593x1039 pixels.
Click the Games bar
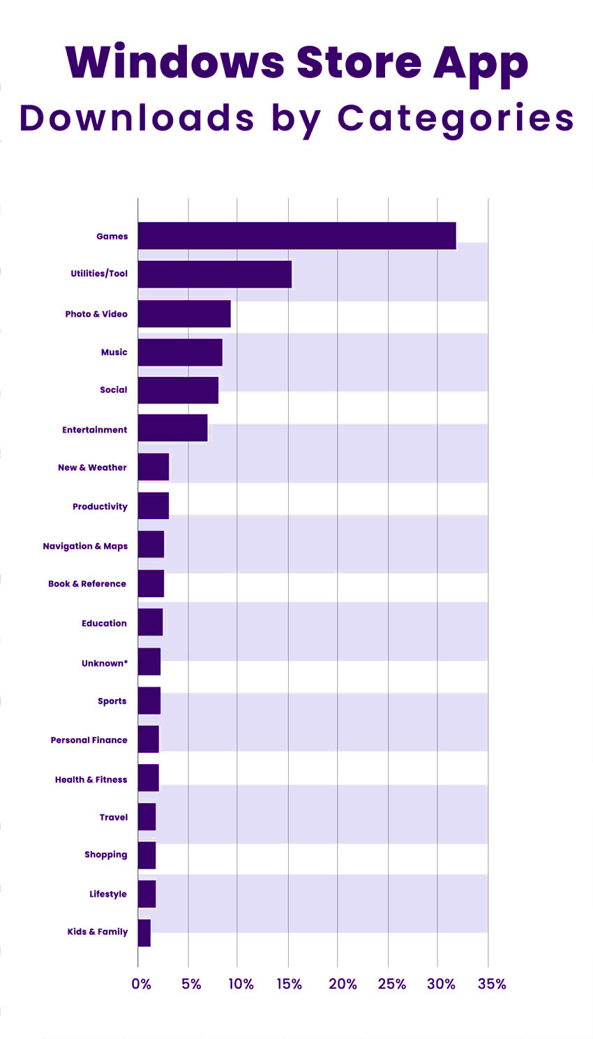pyautogui.click(x=296, y=236)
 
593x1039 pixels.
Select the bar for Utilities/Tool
pyautogui.click(x=214, y=274)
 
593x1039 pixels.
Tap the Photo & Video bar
pyautogui.click(x=184, y=314)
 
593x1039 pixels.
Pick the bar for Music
pyautogui.click(x=180, y=352)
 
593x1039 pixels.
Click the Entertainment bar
pyautogui.click(x=172, y=428)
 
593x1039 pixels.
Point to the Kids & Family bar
pyautogui.click(x=144, y=933)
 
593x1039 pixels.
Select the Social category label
pyautogui.click(x=113, y=390)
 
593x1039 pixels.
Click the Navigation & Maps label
pyautogui.click(x=85, y=546)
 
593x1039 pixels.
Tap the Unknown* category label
pyautogui.click(x=105, y=664)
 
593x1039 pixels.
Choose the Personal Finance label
pyautogui.click(x=89, y=740)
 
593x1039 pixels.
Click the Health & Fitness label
pyautogui.click(x=91, y=780)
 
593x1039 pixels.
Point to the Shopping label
pyautogui.click(x=105, y=855)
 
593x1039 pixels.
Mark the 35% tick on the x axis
pyautogui.click(x=492, y=984)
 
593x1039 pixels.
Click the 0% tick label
pyautogui.click(x=141, y=984)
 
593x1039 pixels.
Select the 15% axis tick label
pyautogui.click(x=289, y=984)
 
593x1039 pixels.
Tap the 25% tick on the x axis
pyautogui.click(x=391, y=984)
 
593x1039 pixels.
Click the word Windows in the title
pyautogui.click(x=174, y=63)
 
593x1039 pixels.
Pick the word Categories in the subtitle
pyautogui.click(x=456, y=119)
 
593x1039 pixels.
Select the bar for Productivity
pyautogui.click(x=153, y=506)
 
